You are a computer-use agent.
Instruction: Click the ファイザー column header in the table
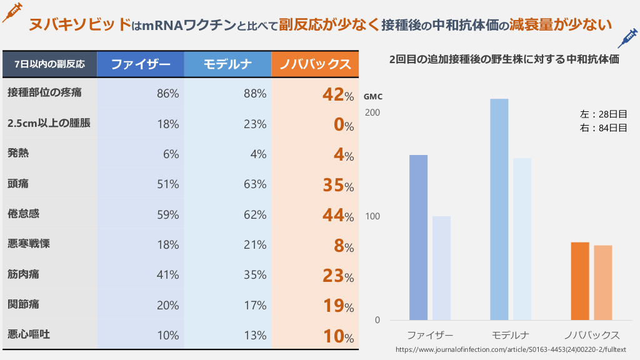(141, 64)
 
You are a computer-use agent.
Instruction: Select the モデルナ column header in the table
(227, 64)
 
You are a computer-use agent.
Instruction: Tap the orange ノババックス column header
(315, 64)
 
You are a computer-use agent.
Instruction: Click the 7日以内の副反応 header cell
(50, 64)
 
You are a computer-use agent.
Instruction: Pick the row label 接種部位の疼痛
(45, 93)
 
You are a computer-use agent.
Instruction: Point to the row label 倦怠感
(24, 214)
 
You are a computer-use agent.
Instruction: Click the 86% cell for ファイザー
(167, 94)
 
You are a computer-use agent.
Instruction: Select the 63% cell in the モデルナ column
(255, 184)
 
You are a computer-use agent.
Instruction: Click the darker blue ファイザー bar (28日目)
(418, 237)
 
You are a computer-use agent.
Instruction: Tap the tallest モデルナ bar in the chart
(499, 209)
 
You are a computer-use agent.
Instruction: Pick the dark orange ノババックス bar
(580, 281)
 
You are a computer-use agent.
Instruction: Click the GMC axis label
(372, 97)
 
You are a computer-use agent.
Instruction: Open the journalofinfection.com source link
(511, 349)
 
